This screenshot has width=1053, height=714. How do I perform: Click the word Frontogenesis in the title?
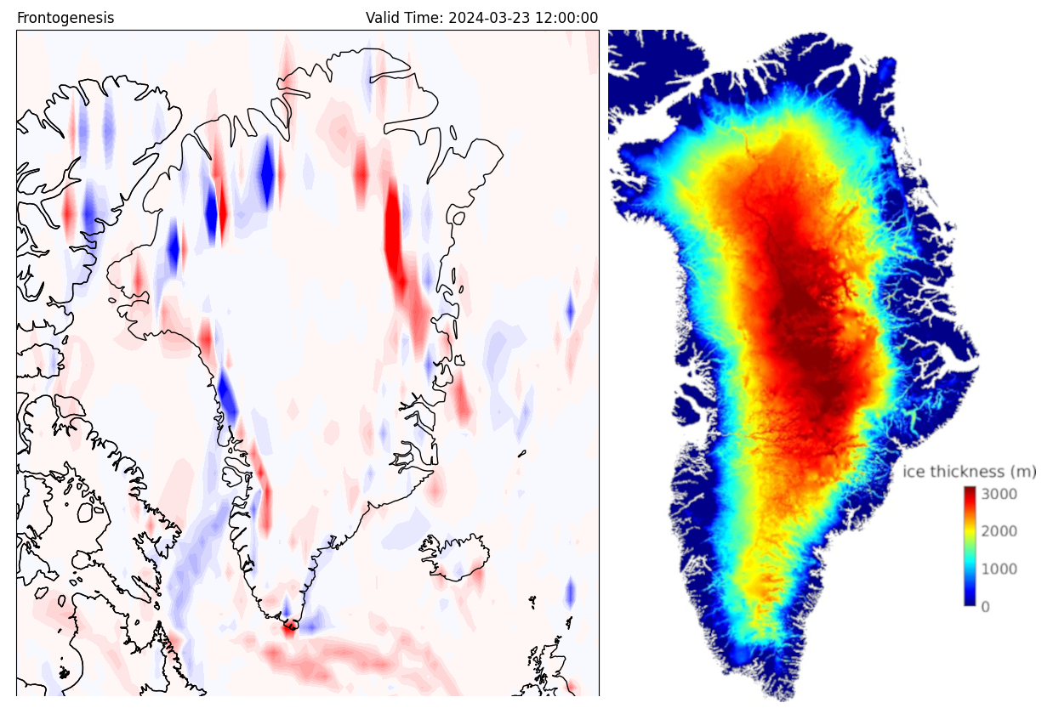point(65,18)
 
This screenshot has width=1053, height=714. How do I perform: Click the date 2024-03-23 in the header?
point(490,18)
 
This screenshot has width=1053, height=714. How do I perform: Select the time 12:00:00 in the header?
point(566,18)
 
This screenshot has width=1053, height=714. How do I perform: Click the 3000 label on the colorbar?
point(1000,494)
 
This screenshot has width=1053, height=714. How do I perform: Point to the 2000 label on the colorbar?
point(1000,531)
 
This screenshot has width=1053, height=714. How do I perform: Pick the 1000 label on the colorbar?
point(1000,569)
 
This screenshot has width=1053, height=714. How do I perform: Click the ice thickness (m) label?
point(970,472)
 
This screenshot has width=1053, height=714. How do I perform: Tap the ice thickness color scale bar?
point(970,546)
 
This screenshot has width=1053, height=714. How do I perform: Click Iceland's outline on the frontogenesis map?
point(453,557)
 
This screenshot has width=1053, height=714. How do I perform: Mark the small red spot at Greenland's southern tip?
point(289,628)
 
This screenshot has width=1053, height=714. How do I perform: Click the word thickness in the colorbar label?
point(963,472)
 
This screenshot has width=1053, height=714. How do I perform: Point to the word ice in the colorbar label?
point(912,472)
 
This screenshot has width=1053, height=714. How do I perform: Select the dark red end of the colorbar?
point(970,490)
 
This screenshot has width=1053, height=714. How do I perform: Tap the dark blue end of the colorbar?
point(970,601)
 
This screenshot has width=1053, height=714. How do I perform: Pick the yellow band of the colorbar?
point(970,531)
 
